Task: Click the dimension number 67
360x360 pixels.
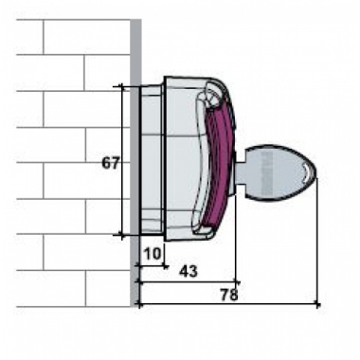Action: (111, 162)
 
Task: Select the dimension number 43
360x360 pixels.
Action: (189, 272)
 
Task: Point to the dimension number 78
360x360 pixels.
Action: (228, 295)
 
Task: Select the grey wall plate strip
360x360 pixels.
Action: (135, 161)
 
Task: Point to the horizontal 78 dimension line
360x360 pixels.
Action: (189, 304)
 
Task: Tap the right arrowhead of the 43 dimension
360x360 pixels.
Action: (237, 281)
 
